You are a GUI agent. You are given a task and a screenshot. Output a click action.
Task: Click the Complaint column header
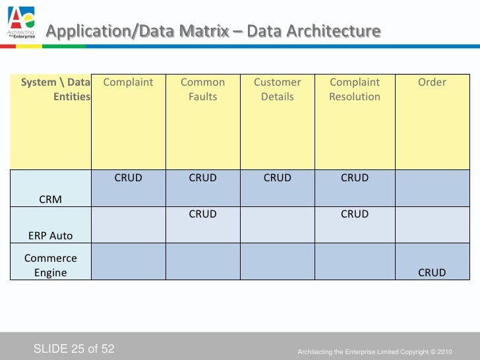coord(128,82)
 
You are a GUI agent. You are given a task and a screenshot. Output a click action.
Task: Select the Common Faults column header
coord(202,90)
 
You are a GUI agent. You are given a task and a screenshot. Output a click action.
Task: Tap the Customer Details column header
coord(277,90)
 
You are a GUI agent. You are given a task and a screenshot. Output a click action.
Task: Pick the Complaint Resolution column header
coord(355,90)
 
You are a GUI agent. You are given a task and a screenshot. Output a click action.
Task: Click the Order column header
coord(432,82)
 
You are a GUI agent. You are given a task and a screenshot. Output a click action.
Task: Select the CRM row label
coord(51,199)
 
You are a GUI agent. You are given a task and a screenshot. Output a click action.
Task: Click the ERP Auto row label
coord(51,235)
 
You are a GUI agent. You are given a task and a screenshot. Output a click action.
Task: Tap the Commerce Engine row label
coord(51,265)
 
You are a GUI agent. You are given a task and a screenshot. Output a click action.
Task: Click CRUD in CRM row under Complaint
coord(128,178)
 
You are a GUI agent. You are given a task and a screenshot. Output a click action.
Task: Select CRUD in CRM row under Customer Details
coord(277,178)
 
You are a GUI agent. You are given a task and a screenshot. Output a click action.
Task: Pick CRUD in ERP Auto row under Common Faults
coord(202,214)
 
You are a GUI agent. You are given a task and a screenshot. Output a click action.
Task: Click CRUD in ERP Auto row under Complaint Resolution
coord(355,214)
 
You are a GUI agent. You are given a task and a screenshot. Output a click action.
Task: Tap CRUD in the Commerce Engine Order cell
coord(432,272)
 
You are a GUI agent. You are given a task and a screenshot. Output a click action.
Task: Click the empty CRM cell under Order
coord(432,188)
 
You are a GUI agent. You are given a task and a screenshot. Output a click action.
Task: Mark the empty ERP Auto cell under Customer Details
coord(277,224)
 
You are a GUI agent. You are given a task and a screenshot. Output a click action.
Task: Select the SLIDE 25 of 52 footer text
coord(74,348)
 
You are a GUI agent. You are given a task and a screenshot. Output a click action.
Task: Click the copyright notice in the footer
coord(375,350)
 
